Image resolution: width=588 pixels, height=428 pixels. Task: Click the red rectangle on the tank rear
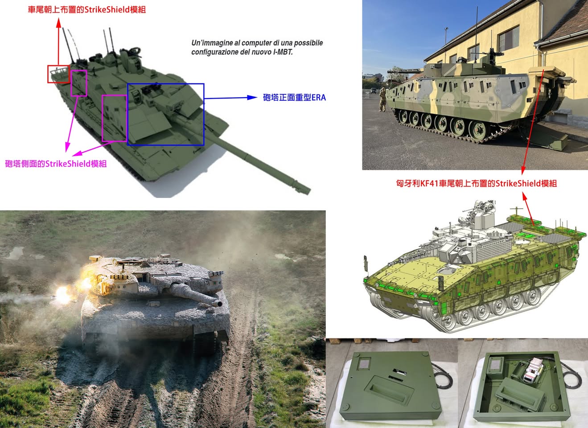(x=48, y=74)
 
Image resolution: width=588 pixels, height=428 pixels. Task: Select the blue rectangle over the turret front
(x=127, y=114)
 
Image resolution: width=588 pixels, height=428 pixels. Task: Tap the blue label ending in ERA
(x=294, y=98)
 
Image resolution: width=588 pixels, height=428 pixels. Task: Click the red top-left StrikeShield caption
(x=87, y=10)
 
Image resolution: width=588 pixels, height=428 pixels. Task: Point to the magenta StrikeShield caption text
(x=56, y=164)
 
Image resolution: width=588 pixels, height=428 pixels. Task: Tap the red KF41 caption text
(x=477, y=183)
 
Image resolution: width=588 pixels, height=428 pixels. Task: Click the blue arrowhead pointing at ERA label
(x=252, y=98)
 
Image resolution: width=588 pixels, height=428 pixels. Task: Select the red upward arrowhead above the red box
(x=59, y=23)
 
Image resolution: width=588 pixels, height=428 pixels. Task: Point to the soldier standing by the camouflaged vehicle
(x=382, y=99)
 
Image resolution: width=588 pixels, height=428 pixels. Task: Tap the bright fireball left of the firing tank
(x=62, y=295)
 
